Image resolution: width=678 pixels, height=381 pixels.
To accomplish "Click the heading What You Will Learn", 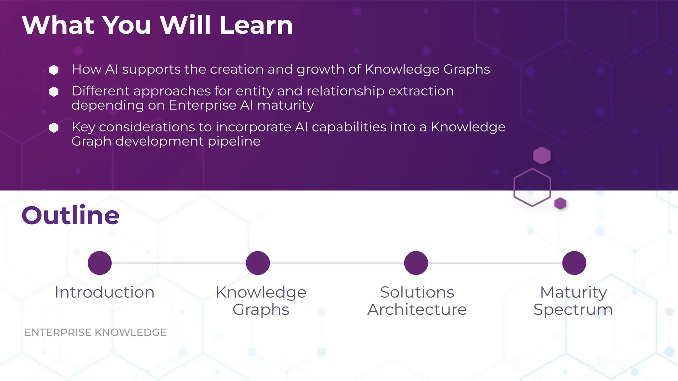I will [x=157, y=25].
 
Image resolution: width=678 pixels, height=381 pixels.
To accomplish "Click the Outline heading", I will [x=71, y=215].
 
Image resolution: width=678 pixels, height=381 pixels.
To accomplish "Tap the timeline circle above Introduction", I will [x=100, y=263].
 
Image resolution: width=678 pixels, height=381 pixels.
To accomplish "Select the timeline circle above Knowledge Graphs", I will [x=258, y=263].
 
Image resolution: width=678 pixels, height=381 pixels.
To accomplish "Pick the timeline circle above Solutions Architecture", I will [x=416, y=263].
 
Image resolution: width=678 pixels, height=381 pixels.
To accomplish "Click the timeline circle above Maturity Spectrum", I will [x=574, y=263].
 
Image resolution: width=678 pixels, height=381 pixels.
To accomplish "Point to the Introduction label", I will [x=105, y=292].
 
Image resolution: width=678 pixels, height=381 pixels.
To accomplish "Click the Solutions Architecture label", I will [x=417, y=301].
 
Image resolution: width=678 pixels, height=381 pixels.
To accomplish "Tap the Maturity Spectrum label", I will [x=573, y=301].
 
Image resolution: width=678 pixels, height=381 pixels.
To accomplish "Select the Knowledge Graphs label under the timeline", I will [x=261, y=301].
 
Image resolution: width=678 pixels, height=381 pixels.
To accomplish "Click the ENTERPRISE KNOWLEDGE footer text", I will [x=95, y=332].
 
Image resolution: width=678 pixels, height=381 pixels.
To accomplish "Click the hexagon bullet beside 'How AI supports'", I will [x=54, y=70].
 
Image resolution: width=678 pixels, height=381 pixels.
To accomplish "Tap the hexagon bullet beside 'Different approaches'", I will [x=54, y=92].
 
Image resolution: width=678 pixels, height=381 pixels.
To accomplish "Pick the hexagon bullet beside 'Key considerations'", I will [x=54, y=128].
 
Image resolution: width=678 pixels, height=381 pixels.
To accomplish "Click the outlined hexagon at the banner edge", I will [x=532, y=188].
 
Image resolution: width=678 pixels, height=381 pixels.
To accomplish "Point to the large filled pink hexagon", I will [x=542, y=155].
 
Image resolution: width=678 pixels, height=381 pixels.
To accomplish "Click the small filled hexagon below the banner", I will [x=560, y=203].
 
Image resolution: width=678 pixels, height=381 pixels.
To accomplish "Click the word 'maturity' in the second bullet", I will [x=285, y=106].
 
